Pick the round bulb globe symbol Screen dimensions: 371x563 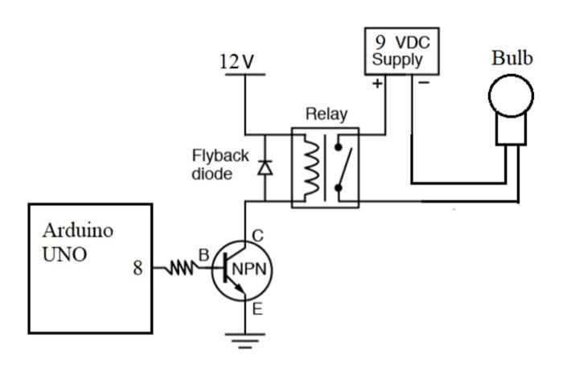click(512, 96)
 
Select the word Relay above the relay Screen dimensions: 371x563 click(326, 115)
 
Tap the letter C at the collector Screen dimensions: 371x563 click(258, 237)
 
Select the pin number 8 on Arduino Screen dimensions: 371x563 click(138, 269)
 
